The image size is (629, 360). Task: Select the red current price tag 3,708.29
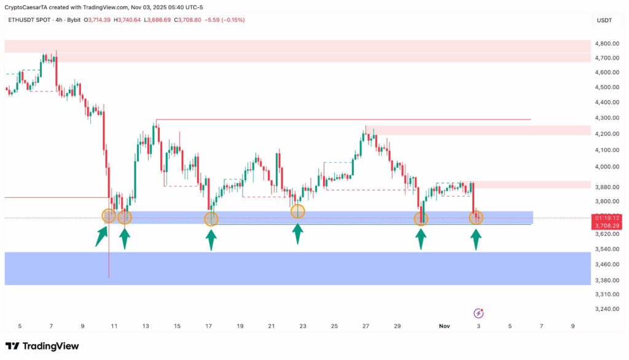coord(608,226)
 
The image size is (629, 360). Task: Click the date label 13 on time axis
coord(146,326)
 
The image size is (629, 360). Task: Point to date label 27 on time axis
coord(365,326)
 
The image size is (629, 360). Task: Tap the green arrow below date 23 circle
coord(298,234)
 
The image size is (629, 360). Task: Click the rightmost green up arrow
coord(476,239)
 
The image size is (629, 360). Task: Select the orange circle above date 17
coord(211,219)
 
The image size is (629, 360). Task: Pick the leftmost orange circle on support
coord(108,215)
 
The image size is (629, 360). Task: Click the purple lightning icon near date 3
coord(479,313)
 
